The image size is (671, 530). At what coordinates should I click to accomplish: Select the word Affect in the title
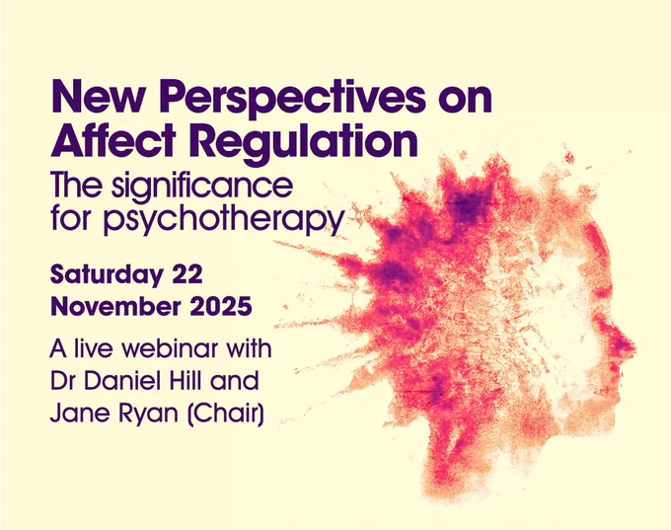click(x=113, y=140)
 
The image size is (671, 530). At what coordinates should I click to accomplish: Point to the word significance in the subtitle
click(x=202, y=187)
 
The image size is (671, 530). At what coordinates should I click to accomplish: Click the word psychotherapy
click(x=224, y=219)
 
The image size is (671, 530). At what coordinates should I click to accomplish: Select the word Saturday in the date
click(x=107, y=274)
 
